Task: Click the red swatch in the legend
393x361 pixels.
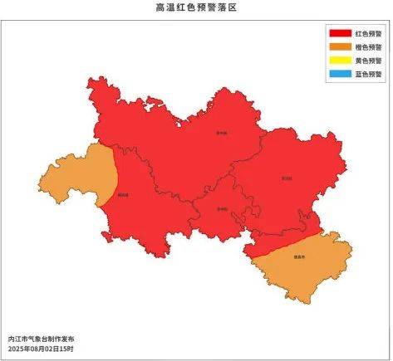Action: [340, 33]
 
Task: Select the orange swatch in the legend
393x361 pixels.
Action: [340, 46]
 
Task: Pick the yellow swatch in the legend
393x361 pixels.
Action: [340, 61]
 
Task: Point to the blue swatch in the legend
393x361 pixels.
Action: [340, 74]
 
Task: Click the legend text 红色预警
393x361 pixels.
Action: [368, 33]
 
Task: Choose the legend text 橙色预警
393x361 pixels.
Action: [368, 46]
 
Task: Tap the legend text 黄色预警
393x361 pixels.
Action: [368, 61]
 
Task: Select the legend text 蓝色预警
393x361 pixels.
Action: [368, 74]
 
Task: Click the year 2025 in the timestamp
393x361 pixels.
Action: [17, 349]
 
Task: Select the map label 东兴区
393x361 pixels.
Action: [287, 178]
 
